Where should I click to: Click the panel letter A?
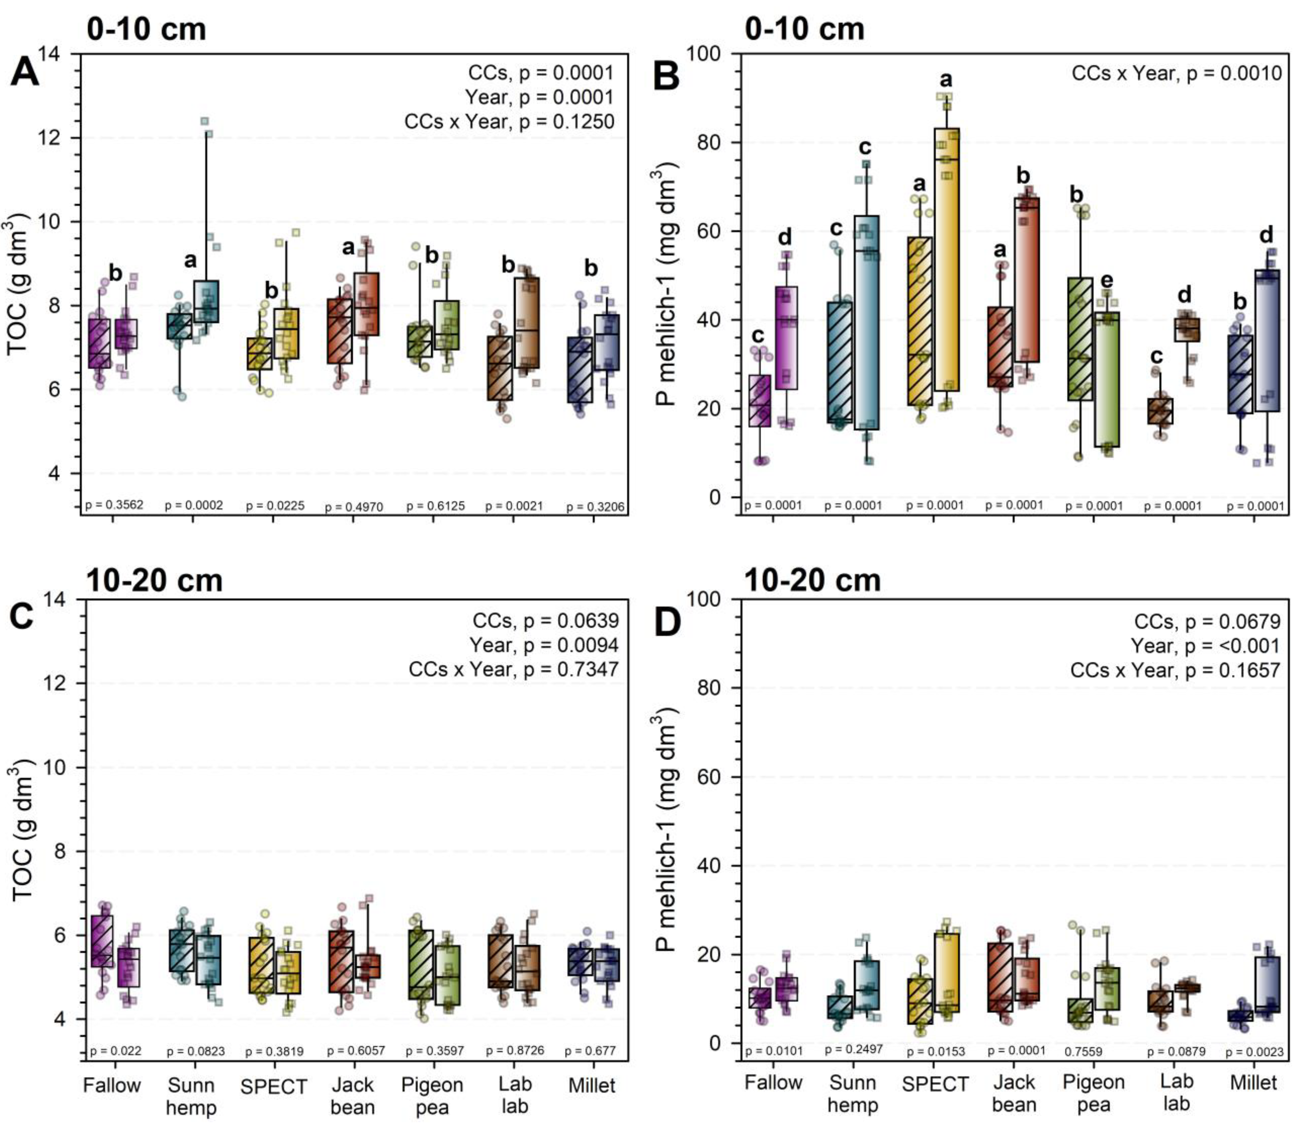tap(25, 74)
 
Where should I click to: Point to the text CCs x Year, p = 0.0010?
tap(1176, 74)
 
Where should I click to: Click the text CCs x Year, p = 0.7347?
tap(513, 669)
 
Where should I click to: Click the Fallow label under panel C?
tap(112, 1085)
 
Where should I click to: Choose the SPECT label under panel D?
tap(935, 1084)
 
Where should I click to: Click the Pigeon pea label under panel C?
tap(432, 1096)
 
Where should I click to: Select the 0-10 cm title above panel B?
tap(805, 29)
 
